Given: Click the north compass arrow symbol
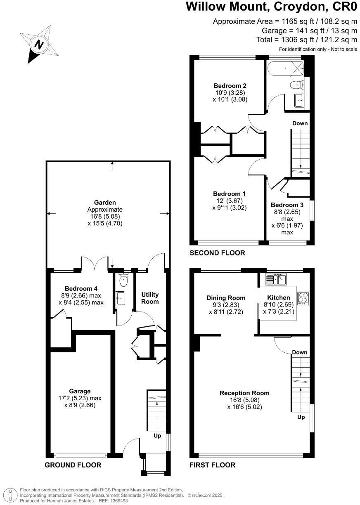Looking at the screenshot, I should click(x=39, y=45).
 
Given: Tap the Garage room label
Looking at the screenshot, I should click(x=80, y=391).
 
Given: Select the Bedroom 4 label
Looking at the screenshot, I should click(x=81, y=288).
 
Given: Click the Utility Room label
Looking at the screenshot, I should click(x=150, y=298).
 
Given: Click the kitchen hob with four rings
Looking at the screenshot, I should click(x=303, y=298).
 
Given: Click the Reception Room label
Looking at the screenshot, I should click(x=244, y=393).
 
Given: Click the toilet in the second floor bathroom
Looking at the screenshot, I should click(x=296, y=85).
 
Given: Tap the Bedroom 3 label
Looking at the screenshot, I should click(x=287, y=205).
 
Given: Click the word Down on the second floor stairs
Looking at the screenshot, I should click(x=300, y=123).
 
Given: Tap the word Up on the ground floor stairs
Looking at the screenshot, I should click(x=157, y=436).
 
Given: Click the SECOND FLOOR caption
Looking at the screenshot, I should click(x=217, y=253).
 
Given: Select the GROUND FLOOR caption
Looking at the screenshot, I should click(x=73, y=465).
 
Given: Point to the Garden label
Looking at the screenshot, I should click(x=105, y=203).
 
